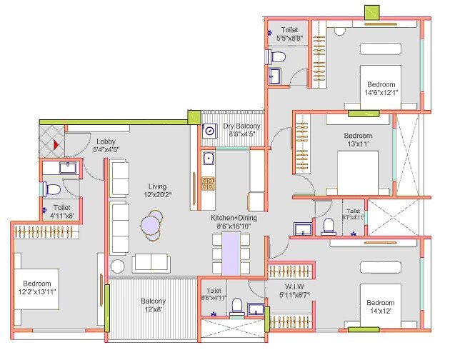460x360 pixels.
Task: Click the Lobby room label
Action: [x=106, y=145]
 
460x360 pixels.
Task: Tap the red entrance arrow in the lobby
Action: [x=56, y=144]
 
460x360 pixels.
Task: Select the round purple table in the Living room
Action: [x=151, y=225]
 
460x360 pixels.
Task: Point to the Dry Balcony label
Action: [x=242, y=129]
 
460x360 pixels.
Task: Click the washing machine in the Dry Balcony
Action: [x=209, y=131]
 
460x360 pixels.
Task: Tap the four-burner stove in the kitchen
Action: [x=208, y=184]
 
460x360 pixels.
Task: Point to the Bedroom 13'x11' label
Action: [x=358, y=140]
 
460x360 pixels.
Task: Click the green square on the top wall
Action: [x=372, y=13]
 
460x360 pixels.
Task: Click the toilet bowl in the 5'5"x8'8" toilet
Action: [x=280, y=56]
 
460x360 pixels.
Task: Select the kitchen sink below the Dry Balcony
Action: [x=209, y=158]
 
